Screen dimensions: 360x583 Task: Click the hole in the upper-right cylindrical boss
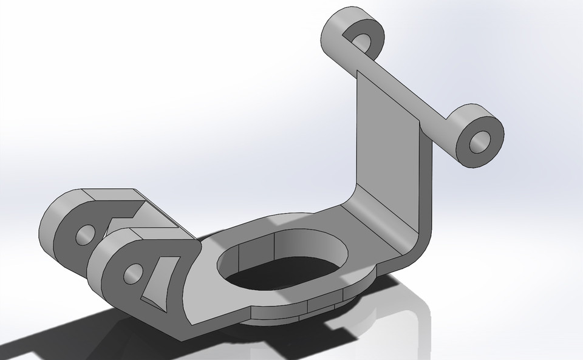point(480,141)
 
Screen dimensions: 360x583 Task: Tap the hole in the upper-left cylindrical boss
point(364,40)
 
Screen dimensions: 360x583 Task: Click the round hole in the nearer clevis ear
point(131,274)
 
